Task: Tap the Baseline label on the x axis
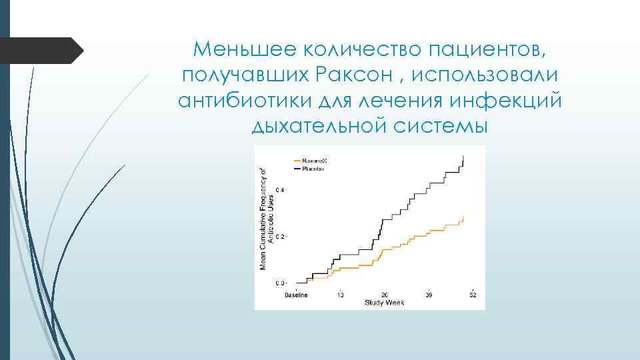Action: point(297,295)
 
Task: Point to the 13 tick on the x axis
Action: point(340,295)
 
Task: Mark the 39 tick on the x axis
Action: point(429,295)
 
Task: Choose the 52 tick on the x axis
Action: point(473,295)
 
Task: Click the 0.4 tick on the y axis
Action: point(280,191)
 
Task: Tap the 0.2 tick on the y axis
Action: point(280,237)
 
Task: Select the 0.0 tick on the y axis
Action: point(280,284)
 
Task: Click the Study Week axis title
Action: point(385,303)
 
